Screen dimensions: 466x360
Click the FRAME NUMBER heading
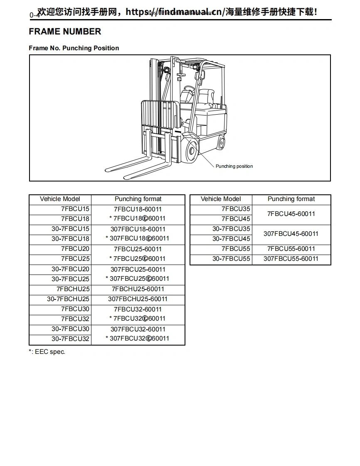(x=65, y=32)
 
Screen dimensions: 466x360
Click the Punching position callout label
(x=234, y=166)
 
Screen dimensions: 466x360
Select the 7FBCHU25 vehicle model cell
(x=73, y=289)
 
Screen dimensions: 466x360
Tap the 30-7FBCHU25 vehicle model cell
(x=68, y=299)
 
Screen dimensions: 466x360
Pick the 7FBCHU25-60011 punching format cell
(x=138, y=289)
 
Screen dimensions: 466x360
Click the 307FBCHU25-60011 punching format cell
(x=138, y=299)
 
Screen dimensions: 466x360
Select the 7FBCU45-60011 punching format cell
(x=291, y=214)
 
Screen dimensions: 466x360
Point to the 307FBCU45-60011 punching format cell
(x=291, y=234)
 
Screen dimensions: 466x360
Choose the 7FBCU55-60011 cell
(x=291, y=249)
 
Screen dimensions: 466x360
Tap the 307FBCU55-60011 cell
(x=291, y=259)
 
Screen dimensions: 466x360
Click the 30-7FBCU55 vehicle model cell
(x=231, y=259)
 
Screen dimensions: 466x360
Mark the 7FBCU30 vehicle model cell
(x=75, y=309)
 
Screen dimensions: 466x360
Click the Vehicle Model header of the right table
(x=221, y=199)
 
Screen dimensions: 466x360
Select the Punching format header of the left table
(x=138, y=199)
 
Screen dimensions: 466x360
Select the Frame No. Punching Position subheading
(x=74, y=48)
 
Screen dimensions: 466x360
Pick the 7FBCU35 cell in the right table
(x=236, y=209)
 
